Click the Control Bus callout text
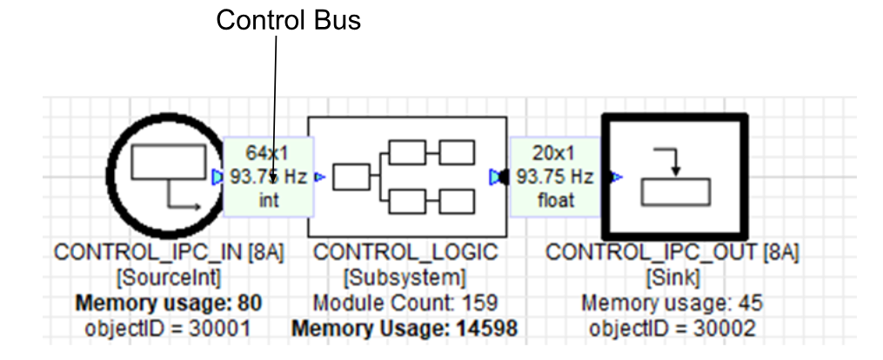[x=288, y=20]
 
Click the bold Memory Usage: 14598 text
[x=405, y=329]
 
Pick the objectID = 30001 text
[x=170, y=329]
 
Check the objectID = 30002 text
[x=672, y=329]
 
